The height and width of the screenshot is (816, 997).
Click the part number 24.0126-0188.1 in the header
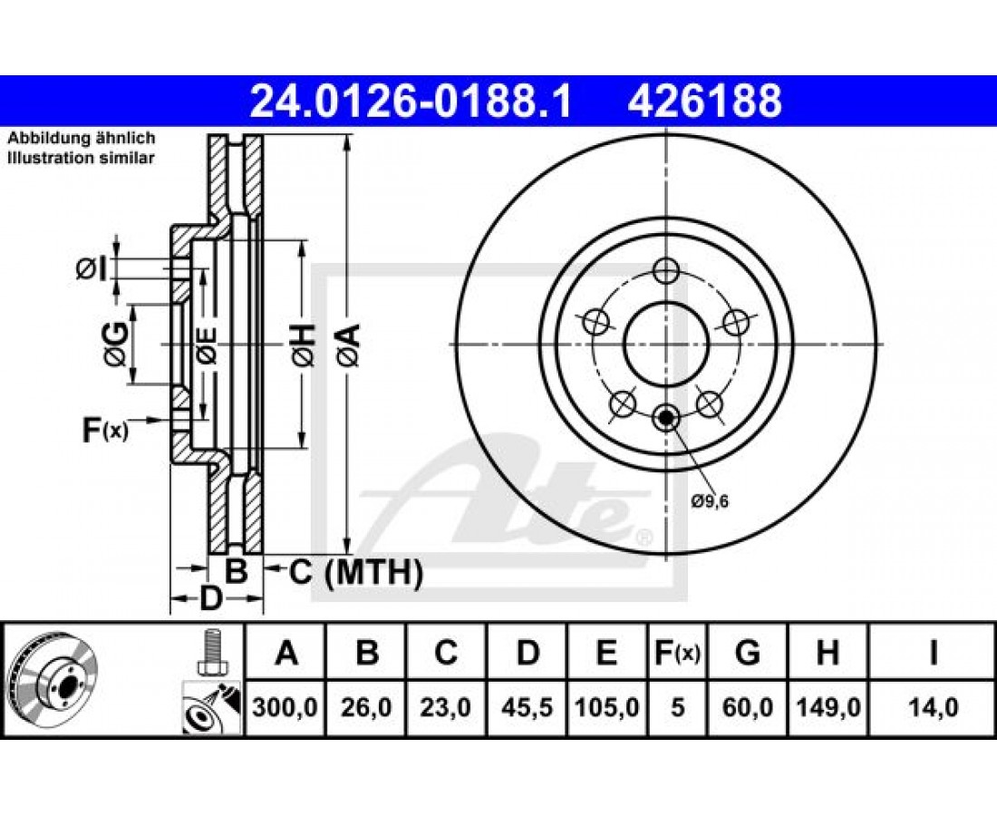[411, 102]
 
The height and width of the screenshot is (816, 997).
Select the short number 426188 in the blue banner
[704, 102]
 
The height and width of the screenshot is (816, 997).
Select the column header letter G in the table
[747, 653]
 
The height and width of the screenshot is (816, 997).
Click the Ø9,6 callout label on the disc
[710, 501]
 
